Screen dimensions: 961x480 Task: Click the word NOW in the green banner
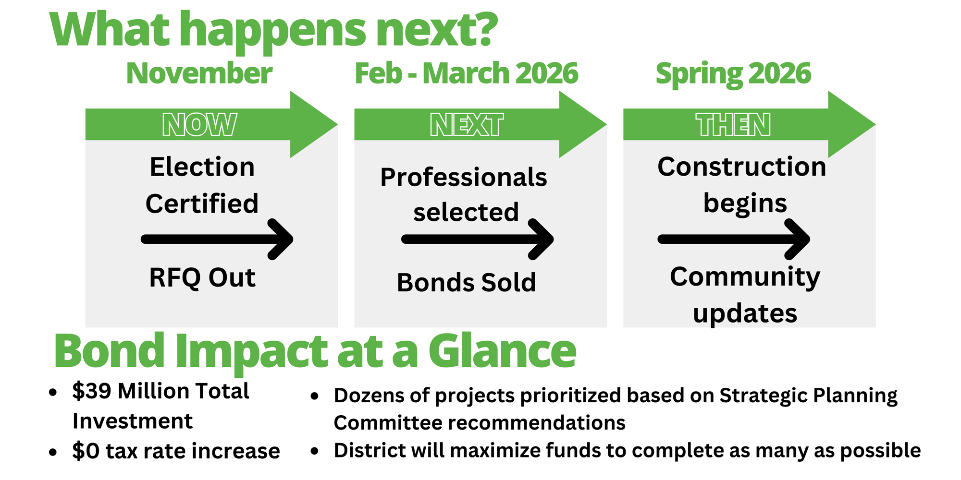point(199,125)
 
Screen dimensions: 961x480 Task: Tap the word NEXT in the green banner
point(467,125)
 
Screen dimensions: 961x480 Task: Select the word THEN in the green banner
point(733,125)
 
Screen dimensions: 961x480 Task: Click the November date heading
point(199,73)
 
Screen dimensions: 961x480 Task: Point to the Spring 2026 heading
point(733,74)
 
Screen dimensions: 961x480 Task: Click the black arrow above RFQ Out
point(217,239)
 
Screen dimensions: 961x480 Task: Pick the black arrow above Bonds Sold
point(478,239)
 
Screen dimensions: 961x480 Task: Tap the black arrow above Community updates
point(734,239)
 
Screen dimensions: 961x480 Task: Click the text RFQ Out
point(202,278)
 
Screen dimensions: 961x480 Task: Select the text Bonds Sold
point(466,282)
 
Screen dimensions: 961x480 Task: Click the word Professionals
point(464,177)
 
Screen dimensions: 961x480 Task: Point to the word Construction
point(742,167)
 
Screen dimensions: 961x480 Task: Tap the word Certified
point(202,204)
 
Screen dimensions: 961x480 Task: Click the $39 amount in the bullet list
point(92,391)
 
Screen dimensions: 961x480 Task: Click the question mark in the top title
point(482,30)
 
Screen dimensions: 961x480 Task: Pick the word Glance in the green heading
point(502,351)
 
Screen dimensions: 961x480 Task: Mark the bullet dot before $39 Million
point(53,393)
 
